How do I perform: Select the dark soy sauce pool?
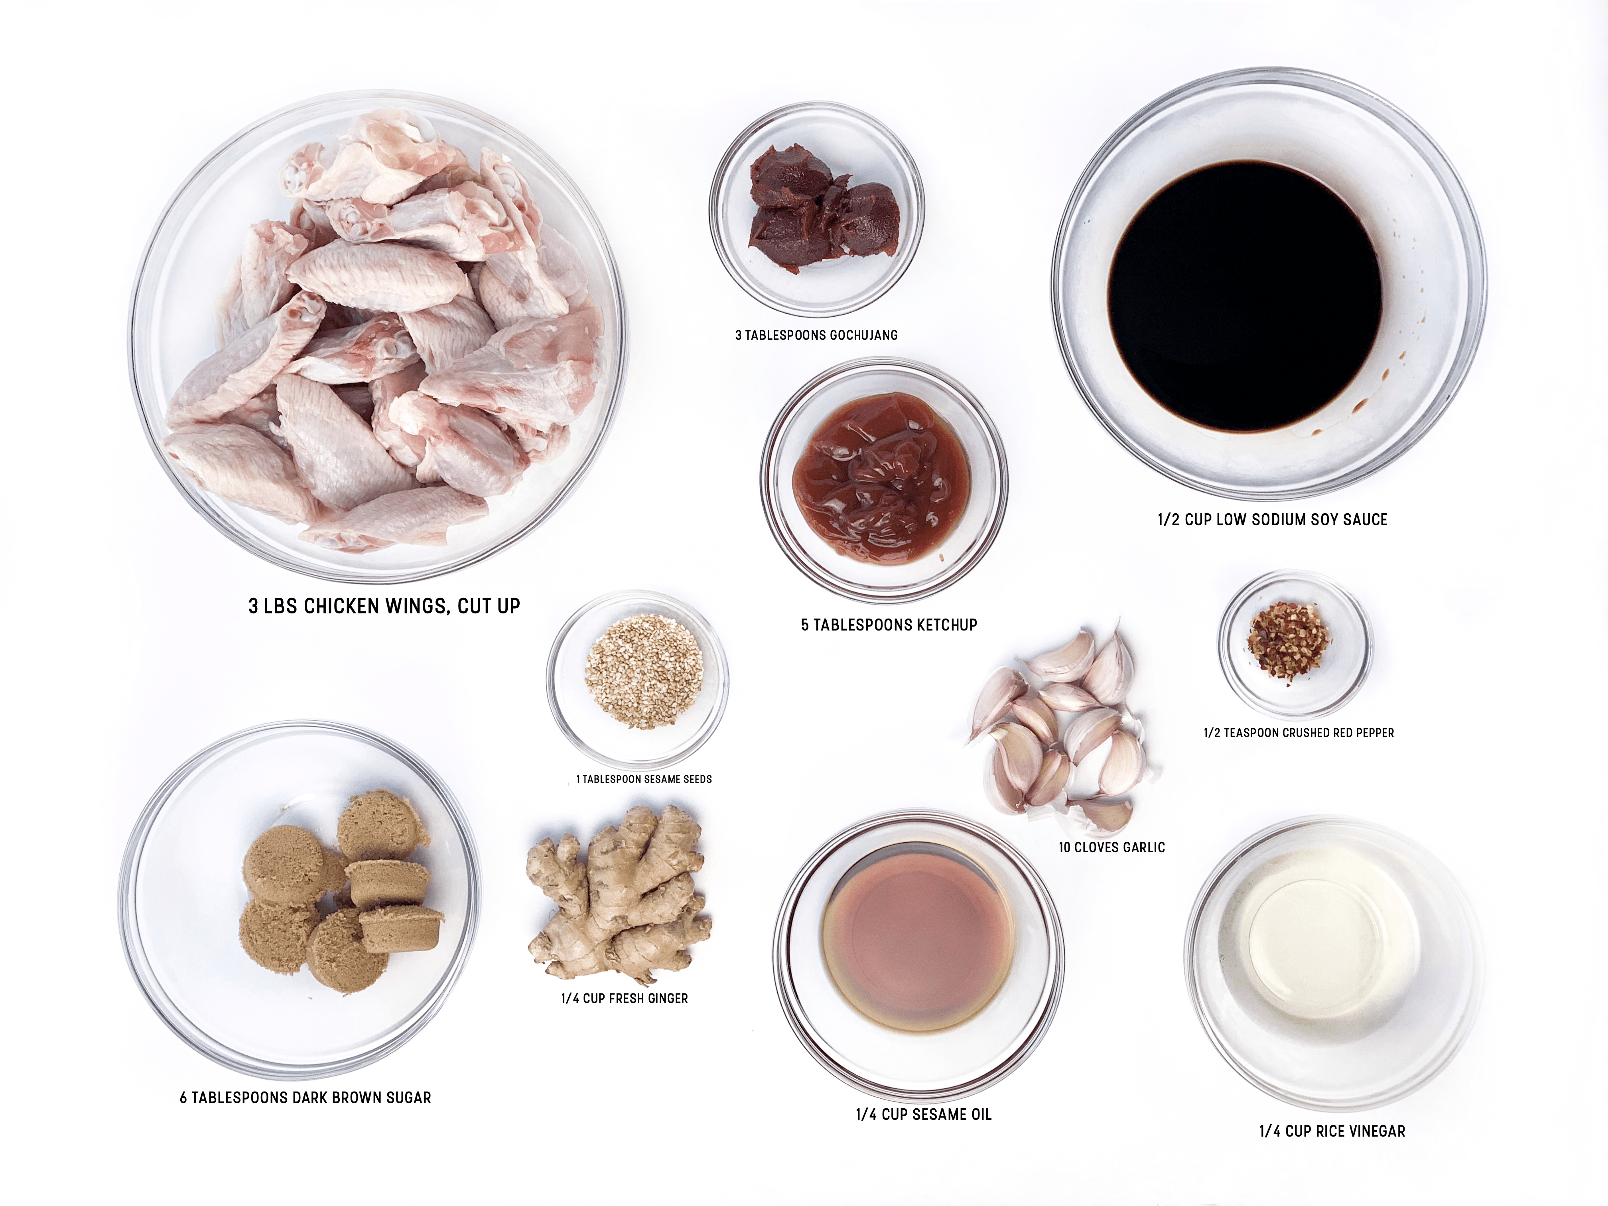click(x=1245, y=297)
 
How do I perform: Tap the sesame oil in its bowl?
click(x=918, y=936)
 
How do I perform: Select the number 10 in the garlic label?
click(x=1064, y=847)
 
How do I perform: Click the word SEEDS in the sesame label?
click(x=698, y=779)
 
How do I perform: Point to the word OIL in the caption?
click(x=980, y=1114)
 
